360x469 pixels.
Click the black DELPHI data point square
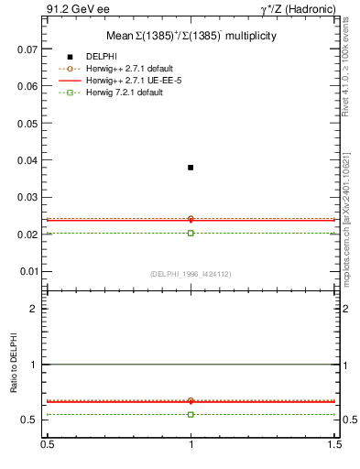tap(191, 168)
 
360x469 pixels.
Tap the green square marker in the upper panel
tap(191, 233)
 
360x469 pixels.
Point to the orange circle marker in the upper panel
tap(191, 219)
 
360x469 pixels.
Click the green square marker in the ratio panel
tap(191, 414)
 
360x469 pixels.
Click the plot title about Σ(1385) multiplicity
tap(191, 36)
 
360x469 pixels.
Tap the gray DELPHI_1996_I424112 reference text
tap(190, 274)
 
